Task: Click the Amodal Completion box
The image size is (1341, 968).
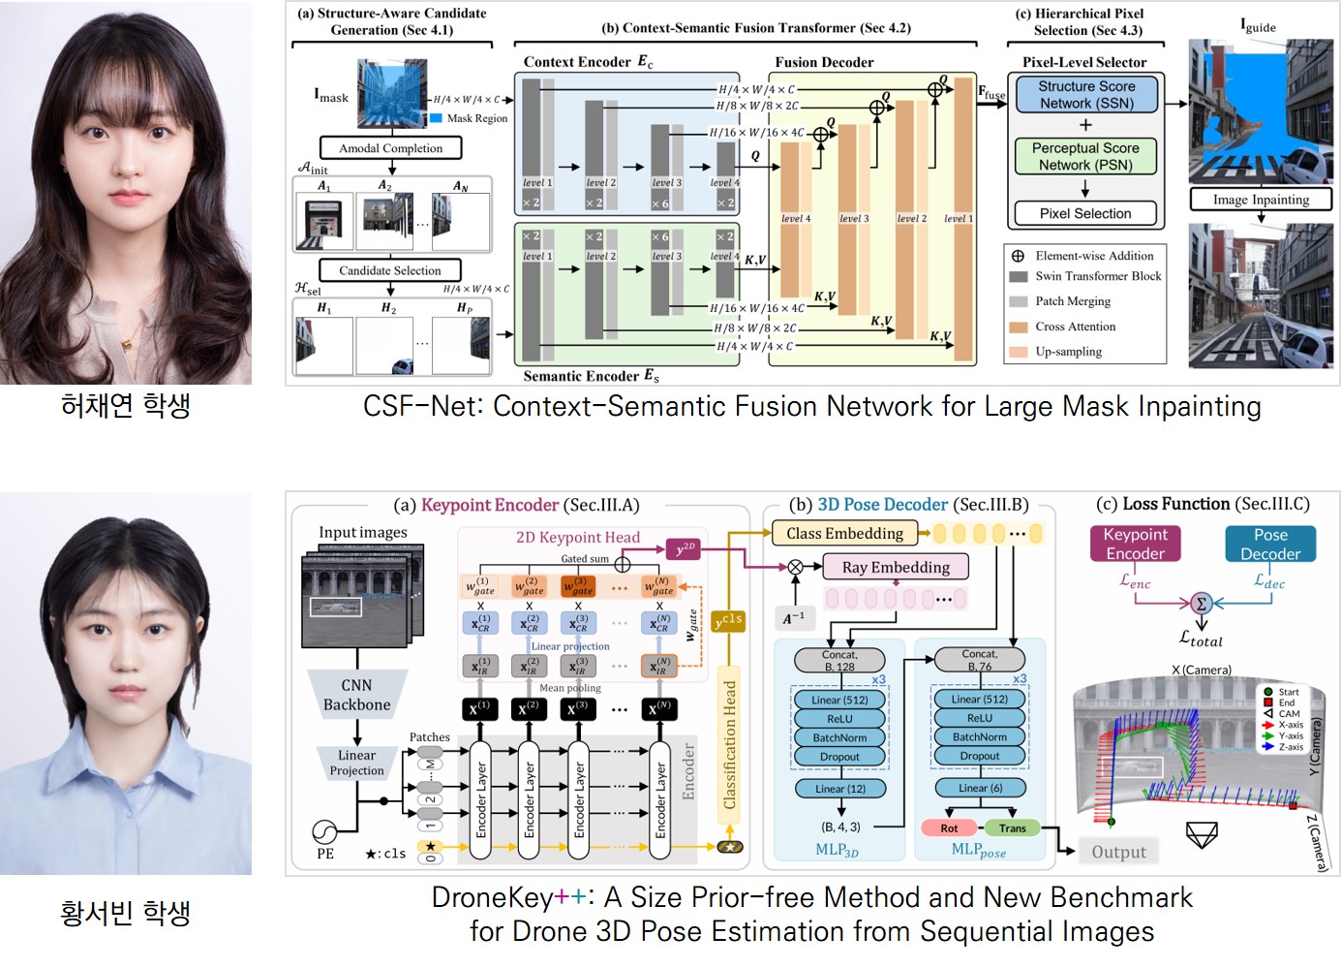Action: pos(391,148)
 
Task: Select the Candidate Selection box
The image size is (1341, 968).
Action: pos(389,270)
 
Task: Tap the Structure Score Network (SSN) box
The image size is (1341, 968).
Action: pos(1086,94)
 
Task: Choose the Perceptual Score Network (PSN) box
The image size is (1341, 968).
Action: pos(1085,156)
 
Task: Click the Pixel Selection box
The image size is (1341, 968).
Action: pos(1085,213)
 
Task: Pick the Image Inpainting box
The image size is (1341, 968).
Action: pos(1261,200)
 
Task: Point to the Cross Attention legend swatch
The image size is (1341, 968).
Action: pos(1019,327)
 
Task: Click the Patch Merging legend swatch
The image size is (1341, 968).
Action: pos(1019,301)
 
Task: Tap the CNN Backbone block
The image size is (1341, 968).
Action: pos(356,695)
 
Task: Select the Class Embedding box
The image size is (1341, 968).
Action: pos(844,533)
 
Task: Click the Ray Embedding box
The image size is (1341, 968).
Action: pos(896,567)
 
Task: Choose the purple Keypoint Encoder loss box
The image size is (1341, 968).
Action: pos(1135,544)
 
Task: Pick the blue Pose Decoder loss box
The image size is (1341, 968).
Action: pos(1270,544)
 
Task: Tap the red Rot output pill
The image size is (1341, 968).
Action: pos(949,828)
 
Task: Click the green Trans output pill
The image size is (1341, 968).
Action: pos(1012,828)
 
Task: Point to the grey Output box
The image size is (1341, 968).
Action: pos(1118,852)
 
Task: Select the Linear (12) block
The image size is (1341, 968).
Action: pos(839,789)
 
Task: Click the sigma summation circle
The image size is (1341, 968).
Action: pos(1201,603)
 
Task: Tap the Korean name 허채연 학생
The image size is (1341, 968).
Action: pos(126,405)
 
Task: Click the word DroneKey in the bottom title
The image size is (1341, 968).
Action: pos(492,897)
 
